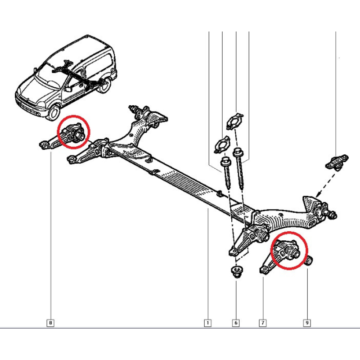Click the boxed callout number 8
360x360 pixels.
[x=50, y=323]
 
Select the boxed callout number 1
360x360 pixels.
[x=208, y=323]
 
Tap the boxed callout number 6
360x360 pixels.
[x=236, y=323]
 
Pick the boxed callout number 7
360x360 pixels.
[x=263, y=323]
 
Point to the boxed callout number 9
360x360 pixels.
[x=307, y=323]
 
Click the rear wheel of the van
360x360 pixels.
[x=104, y=85]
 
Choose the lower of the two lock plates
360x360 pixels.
[x=222, y=144]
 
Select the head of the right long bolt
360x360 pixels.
[x=238, y=152]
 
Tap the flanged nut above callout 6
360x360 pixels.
[x=236, y=271]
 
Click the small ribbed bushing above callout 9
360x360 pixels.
[x=310, y=261]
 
